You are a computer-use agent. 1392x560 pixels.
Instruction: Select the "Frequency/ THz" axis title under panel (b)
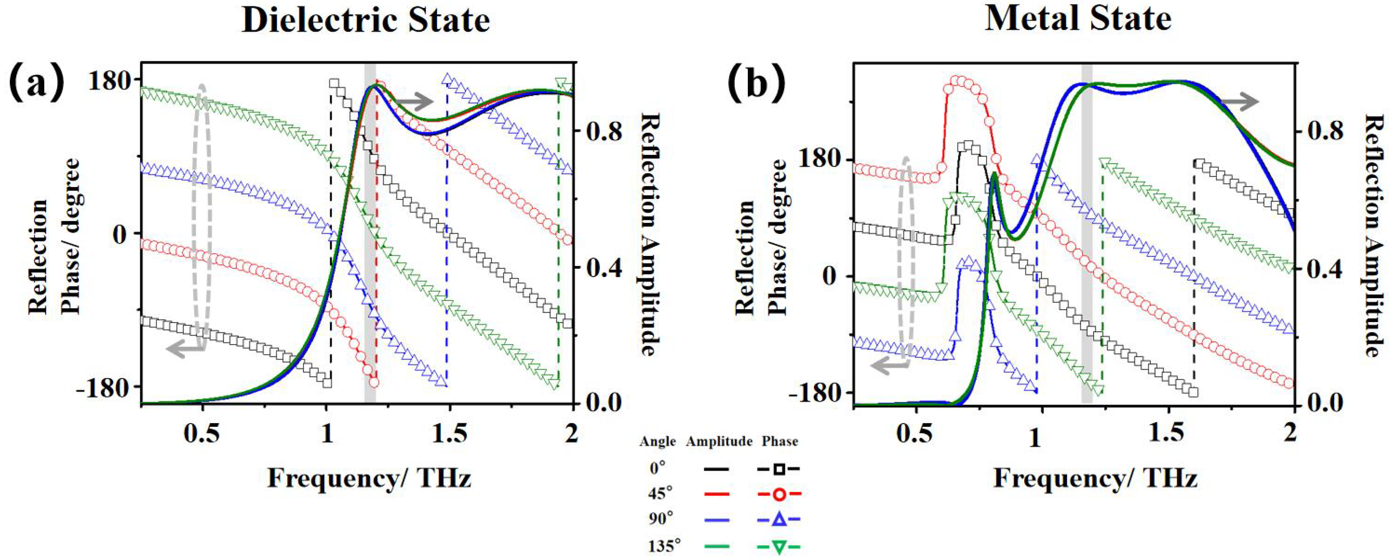pos(1095,479)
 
